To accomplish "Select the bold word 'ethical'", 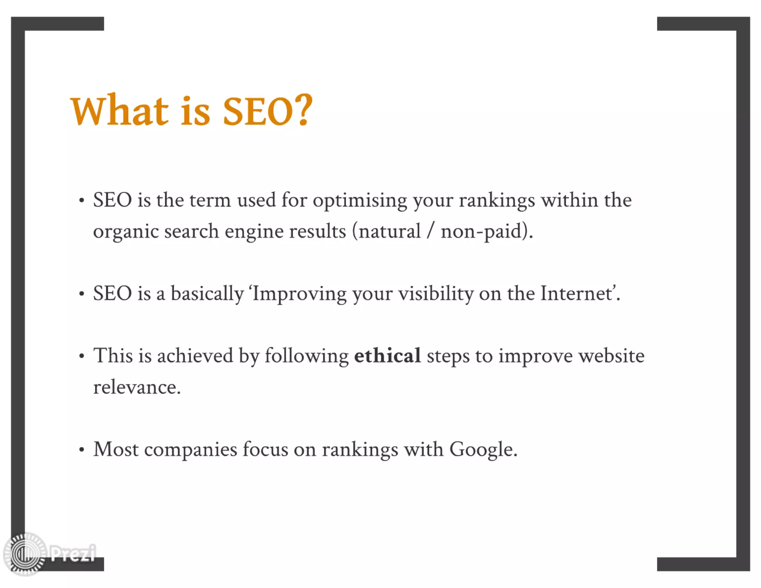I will (387, 356).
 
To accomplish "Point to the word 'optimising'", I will (360, 201).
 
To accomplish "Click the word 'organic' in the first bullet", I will (126, 232).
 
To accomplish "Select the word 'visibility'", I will (436, 294).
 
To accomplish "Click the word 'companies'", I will (190, 450).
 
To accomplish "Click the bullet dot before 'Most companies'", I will (82, 450).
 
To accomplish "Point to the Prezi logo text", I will (73, 554).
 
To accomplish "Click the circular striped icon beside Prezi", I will (25, 554).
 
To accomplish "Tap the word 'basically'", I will (207, 294).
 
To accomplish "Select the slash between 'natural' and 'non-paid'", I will (430, 232).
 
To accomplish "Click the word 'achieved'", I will (195, 356).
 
